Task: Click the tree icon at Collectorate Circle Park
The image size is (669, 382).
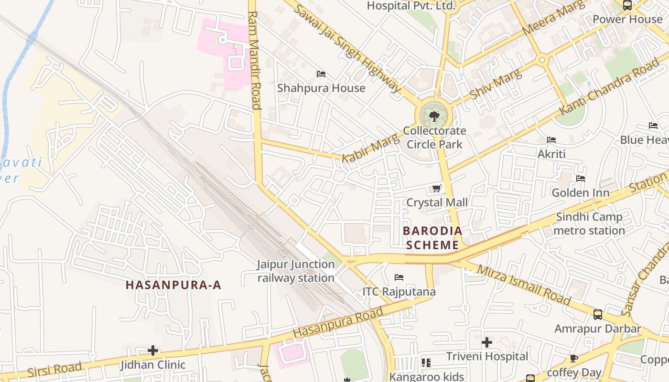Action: (x=434, y=116)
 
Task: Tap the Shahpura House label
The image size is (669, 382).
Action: (x=321, y=88)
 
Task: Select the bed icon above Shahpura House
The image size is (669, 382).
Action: (x=321, y=74)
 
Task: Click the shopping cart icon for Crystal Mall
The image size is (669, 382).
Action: (x=436, y=189)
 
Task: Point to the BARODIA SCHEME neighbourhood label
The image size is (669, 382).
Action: (x=432, y=238)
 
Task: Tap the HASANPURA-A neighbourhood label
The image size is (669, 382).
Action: (x=173, y=285)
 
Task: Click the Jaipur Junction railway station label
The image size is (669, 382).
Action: (x=296, y=271)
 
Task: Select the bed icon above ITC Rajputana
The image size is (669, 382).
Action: (x=399, y=277)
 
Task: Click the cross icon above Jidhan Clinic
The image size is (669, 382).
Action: (x=153, y=351)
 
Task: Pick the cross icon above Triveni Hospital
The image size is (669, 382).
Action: (x=487, y=342)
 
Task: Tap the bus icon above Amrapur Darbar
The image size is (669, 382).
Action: (x=598, y=315)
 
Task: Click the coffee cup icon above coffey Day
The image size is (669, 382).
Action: (x=574, y=359)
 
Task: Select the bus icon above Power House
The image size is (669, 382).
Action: (x=627, y=5)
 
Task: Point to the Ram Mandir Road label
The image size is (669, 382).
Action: (x=254, y=61)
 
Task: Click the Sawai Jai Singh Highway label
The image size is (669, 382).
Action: (x=347, y=48)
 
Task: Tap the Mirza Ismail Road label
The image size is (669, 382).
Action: (x=524, y=285)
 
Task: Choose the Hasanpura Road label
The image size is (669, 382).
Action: (x=338, y=322)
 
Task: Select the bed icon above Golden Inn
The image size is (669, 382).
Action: (x=581, y=179)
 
